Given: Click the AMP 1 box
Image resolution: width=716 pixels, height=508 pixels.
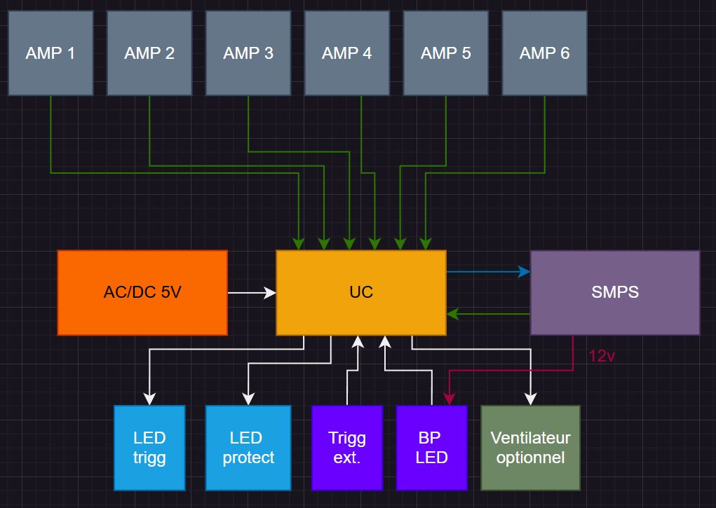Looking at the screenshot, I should pos(50,53).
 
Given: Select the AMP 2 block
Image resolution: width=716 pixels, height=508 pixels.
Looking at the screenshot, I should pos(149,53).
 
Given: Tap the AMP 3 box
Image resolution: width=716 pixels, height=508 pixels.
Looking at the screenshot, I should pos(248,53).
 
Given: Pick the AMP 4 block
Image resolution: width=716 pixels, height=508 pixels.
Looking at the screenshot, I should pos(347,53).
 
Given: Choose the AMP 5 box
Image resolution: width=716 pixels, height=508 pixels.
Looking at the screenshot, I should pos(446,53).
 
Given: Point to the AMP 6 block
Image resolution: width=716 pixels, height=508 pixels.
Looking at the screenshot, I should pos(545,53).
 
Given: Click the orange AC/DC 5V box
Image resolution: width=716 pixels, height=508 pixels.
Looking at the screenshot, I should pos(142,292).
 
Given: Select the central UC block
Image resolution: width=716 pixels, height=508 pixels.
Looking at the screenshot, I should pos(361,292).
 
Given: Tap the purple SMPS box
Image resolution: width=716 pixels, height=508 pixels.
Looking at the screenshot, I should pos(615,292).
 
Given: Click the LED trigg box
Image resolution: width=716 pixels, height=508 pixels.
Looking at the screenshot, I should pos(149,448).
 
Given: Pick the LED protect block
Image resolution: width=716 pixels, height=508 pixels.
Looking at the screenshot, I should pos(248,448).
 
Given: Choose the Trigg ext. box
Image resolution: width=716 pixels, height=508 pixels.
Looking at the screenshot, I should pos(347,448).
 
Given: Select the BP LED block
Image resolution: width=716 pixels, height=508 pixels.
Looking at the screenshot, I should pos(431,448).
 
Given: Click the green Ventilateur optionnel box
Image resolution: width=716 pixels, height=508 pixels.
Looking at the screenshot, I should pos(531,448).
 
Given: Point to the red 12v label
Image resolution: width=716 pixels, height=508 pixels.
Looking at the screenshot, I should pos(602,356).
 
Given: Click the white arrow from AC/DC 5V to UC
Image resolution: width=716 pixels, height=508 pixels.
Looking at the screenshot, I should pos(252,293).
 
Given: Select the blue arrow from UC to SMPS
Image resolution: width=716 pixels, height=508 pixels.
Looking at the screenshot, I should pos(488,271).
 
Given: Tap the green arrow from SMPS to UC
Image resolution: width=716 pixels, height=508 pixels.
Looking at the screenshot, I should pos(488,314).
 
